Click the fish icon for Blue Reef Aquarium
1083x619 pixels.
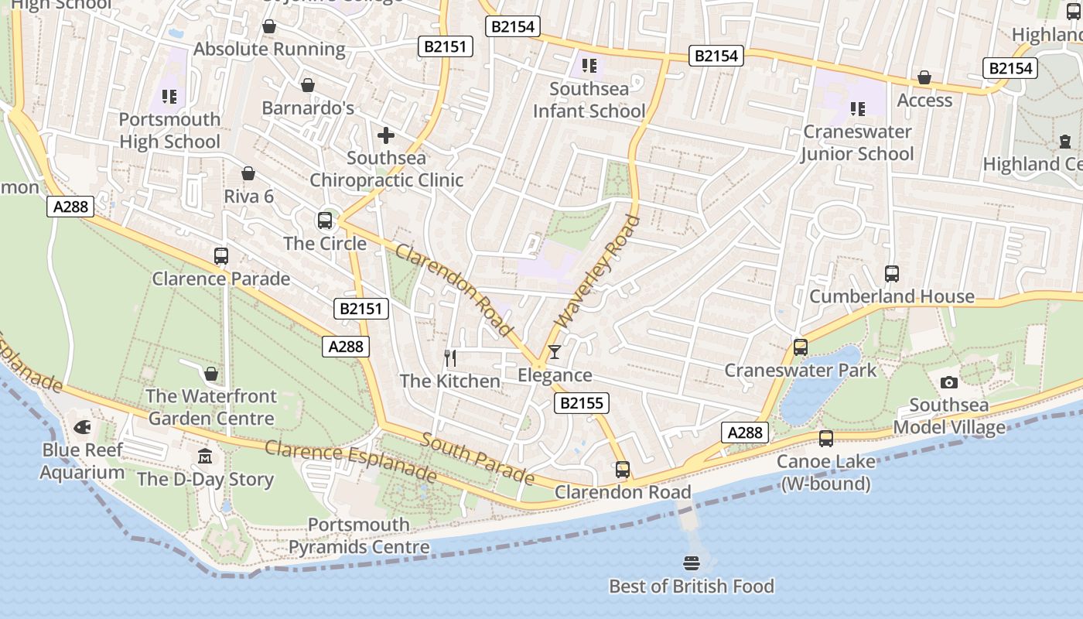click(82, 427)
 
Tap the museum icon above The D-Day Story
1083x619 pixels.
click(204, 456)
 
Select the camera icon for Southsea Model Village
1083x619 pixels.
click(948, 382)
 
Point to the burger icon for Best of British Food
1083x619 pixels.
click(692, 563)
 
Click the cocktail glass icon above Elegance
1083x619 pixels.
click(555, 352)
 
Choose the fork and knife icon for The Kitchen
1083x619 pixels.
click(450, 357)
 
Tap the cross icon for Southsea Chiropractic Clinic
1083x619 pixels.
click(385, 136)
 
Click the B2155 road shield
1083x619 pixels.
click(582, 402)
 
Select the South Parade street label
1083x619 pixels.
click(477, 458)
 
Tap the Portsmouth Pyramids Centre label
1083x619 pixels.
click(359, 536)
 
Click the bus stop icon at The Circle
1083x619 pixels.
click(325, 221)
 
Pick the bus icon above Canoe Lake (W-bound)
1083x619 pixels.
click(826, 439)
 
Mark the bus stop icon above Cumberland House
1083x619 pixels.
click(891, 273)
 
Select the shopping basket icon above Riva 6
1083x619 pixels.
click(248, 173)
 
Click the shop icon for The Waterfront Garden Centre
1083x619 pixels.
click(211, 374)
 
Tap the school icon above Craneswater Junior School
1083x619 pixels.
click(857, 108)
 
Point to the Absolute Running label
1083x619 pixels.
click(269, 49)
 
